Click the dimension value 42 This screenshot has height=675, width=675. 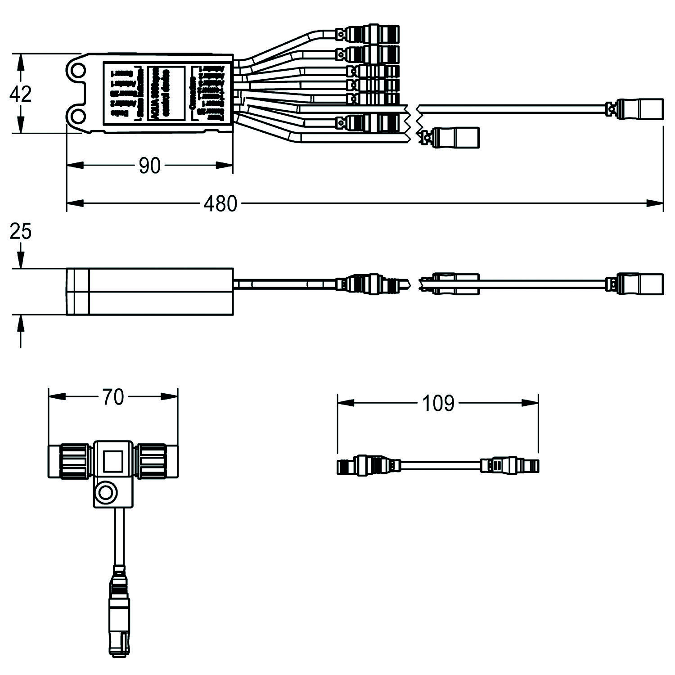(21, 94)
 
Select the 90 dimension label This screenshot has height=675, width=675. (149, 166)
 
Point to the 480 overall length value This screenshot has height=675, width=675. (220, 204)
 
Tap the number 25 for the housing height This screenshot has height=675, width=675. (21, 232)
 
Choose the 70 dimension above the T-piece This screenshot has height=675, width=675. (112, 397)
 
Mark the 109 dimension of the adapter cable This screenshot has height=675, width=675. (438, 404)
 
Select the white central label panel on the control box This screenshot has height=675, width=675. (166, 93)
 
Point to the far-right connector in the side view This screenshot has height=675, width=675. (639, 283)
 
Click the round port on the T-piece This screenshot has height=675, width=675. (107, 494)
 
